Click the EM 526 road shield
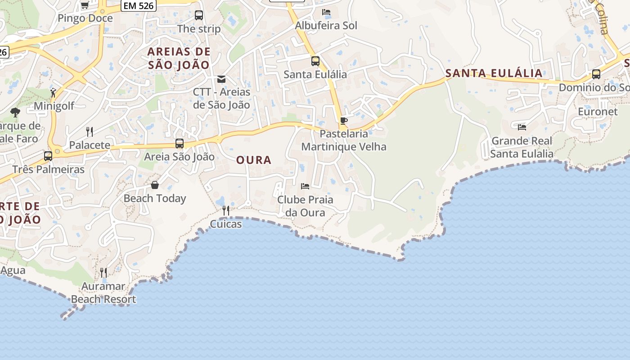point(139,6)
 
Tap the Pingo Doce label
point(85,18)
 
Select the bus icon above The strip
point(199,15)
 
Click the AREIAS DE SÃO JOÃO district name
point(179,58)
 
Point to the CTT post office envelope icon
point(221,79)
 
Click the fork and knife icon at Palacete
point(90,131)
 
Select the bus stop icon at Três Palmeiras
point(48,156)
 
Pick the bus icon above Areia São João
point(180,144)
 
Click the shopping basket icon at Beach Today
point(155,185)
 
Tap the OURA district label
point(254,160)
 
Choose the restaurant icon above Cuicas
point(226,210)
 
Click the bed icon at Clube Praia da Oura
point(305,186)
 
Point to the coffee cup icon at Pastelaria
point(344,121)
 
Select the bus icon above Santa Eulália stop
point(315,61)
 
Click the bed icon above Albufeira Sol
point(326,12)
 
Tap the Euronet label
point(598,112)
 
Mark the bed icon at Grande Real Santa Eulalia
point(522,127)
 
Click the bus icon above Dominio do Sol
point(596,74)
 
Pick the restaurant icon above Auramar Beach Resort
point(103,272)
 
